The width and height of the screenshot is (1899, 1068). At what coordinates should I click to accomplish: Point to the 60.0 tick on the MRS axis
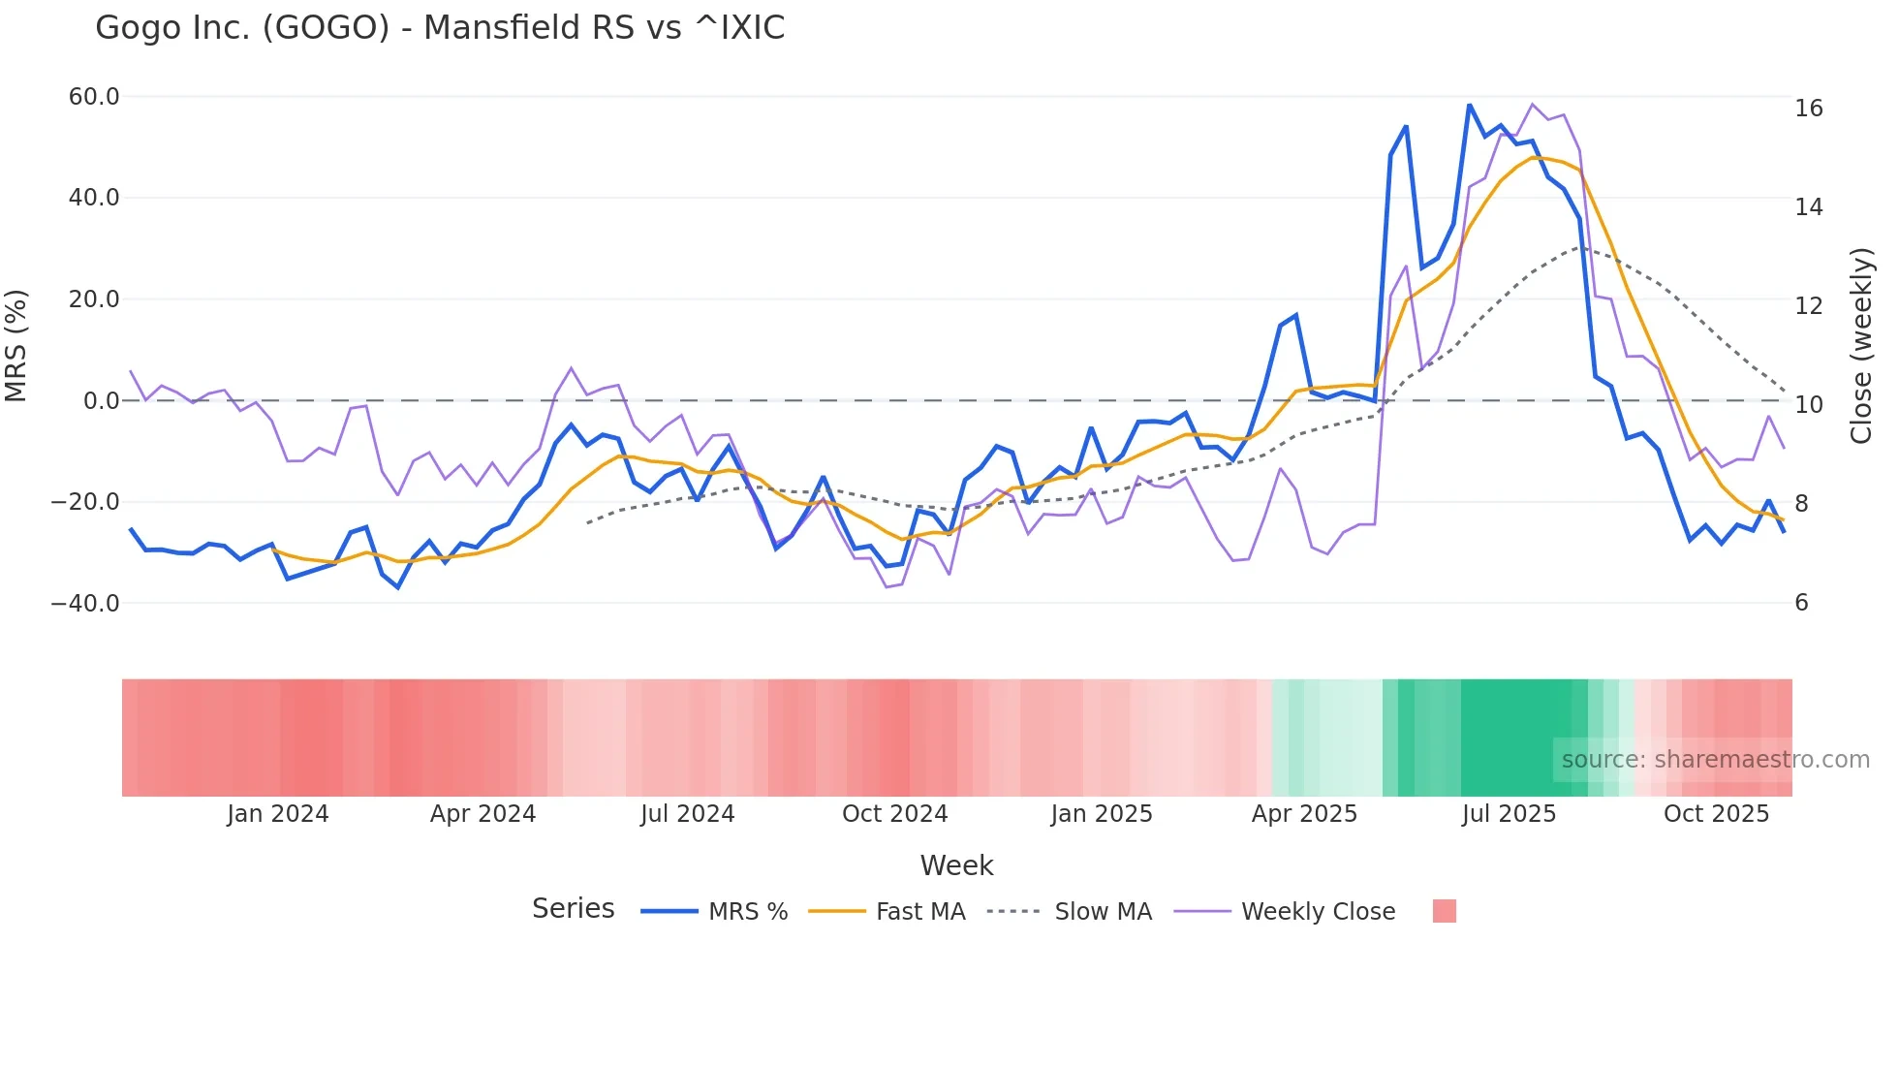(94, 97)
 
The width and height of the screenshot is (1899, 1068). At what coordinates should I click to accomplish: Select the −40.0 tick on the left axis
(85, 603)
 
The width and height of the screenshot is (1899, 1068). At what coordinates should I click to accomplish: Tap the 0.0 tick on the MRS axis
(101, 400)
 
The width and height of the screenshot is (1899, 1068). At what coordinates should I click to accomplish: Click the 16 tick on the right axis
(1808, 109)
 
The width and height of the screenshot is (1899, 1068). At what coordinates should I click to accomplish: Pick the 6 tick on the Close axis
(1801, 603)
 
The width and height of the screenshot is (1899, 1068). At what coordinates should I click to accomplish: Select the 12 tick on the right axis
(1808, 306)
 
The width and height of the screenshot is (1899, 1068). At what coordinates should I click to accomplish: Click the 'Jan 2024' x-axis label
(278, 814)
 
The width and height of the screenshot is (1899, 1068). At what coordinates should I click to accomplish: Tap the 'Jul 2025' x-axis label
(1509, 814)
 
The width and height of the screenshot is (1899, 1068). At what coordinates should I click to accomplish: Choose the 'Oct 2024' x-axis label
(894, 814)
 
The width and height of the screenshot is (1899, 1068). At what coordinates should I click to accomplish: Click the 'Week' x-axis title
(956, 865)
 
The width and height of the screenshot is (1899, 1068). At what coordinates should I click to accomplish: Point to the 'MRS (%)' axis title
(16, 345)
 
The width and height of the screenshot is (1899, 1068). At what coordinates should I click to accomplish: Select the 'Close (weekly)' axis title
(1861, 346)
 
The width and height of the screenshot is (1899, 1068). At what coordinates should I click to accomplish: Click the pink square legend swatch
(1444, 911)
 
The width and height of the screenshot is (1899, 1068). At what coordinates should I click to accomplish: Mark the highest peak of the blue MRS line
(1469, 105)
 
